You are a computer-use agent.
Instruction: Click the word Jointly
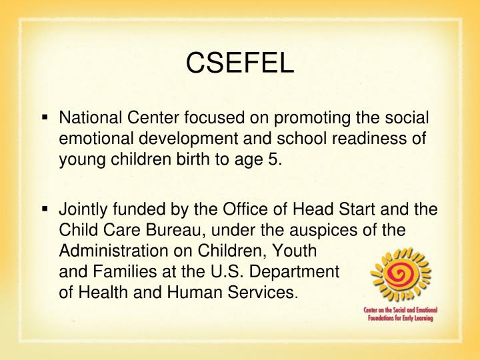(83, 209)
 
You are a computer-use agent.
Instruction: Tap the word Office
(223, 209)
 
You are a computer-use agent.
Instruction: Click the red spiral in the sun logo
(401, 273)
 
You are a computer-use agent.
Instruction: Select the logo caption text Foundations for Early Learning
(398, 319)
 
